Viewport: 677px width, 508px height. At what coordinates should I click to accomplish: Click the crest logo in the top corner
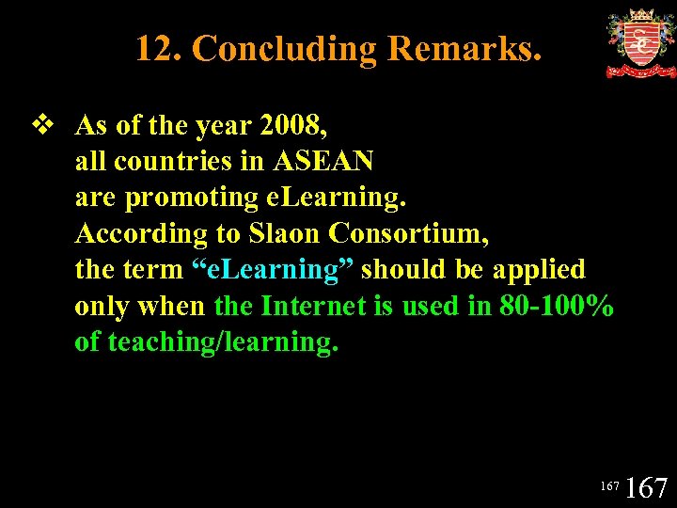(x=640, y=43)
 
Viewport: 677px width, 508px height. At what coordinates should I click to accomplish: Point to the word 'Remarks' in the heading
(x=465, y=48)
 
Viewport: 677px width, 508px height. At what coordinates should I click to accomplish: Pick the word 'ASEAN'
(x=323, y=161)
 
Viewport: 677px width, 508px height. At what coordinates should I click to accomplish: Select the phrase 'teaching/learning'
(x=223, y=341)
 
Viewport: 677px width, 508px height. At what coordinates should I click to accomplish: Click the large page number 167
(x=646, y=487)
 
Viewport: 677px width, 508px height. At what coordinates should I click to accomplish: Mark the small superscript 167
(x=609, y=485)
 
